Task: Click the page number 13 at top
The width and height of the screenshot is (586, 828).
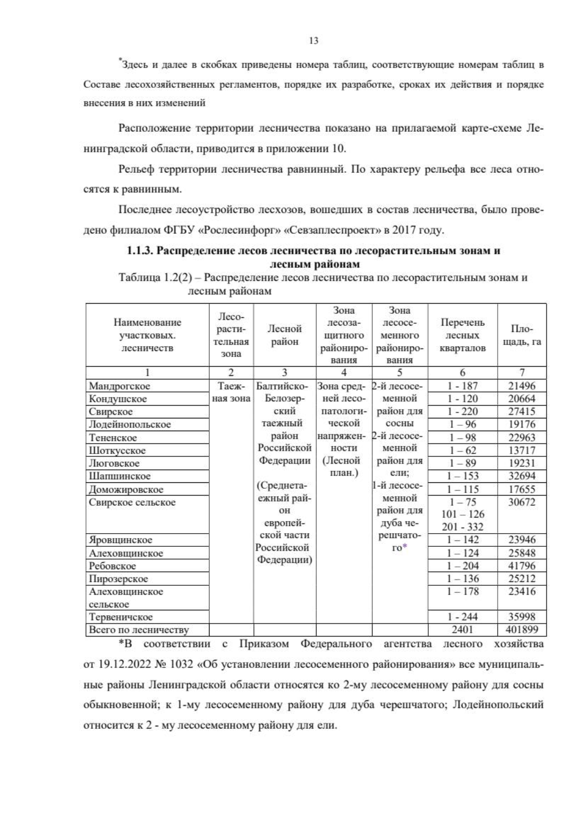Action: click(314, 41)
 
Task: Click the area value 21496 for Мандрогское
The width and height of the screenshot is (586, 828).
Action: click(522, 386)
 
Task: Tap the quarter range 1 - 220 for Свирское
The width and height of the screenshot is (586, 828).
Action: click(462, 412)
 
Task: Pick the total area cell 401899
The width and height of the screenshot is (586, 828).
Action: click(522, 630)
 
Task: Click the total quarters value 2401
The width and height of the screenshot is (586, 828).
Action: click(462, 630)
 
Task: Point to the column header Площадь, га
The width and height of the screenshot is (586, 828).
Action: click(522, 335)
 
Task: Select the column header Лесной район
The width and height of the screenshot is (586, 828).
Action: click(285, 335)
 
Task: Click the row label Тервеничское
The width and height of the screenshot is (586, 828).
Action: click(121, 617)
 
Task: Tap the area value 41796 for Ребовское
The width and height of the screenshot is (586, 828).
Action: click(522, 566)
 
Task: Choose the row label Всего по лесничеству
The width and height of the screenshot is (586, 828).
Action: click(139, 630)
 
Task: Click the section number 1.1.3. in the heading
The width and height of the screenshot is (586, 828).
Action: click(141, 251)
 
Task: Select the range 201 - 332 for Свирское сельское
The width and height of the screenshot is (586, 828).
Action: click(462, 527)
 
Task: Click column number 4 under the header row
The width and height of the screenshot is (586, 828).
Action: click(344, 373)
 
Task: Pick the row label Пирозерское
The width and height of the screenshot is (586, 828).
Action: click(118, 579)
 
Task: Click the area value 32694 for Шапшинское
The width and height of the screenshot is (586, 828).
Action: click(522, 476)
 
